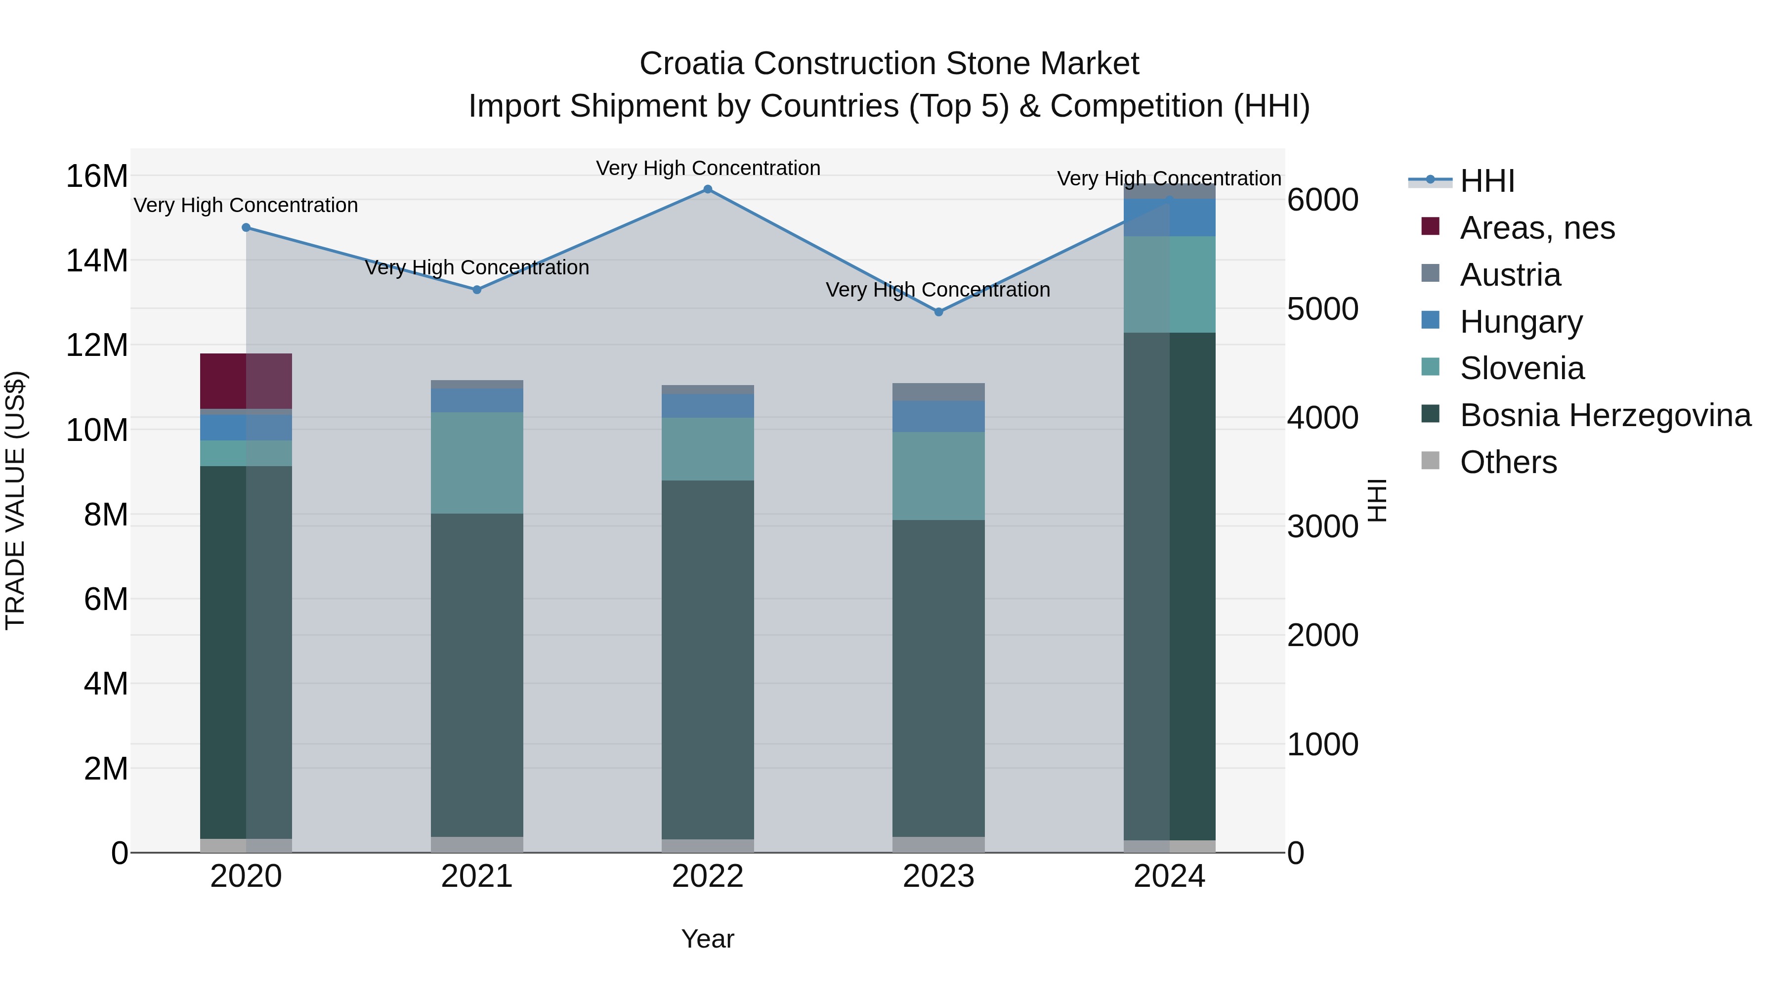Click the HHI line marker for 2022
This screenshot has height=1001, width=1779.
point(707,189)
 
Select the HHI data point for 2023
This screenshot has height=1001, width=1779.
point(938,312)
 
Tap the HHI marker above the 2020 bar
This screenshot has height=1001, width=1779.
point(246,227)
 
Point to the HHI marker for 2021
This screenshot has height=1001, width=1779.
point(476,290)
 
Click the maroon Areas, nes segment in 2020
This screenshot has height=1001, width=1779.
point(246,381)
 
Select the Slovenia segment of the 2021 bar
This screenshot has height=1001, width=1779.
point(476,462)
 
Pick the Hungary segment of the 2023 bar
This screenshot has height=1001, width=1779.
point(938,417)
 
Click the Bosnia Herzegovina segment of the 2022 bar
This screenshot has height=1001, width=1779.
point(707,660)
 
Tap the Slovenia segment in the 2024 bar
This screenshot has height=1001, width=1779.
point(1169,285)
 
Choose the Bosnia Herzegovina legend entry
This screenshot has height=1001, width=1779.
point(1605,415)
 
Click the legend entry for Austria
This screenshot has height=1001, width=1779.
point(1510,275)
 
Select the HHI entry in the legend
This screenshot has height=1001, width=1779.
point(1487,181)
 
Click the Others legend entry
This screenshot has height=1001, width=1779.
point(1508,462)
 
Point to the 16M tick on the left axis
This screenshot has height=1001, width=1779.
point(97,176)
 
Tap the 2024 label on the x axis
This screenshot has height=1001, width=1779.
point(1169,876)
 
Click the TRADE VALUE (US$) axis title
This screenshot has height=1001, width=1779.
point(15,500)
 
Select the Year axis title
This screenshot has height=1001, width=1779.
point(707,939)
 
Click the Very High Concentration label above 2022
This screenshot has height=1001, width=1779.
point(707,168)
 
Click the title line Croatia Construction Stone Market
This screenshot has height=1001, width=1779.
point(889,64)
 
